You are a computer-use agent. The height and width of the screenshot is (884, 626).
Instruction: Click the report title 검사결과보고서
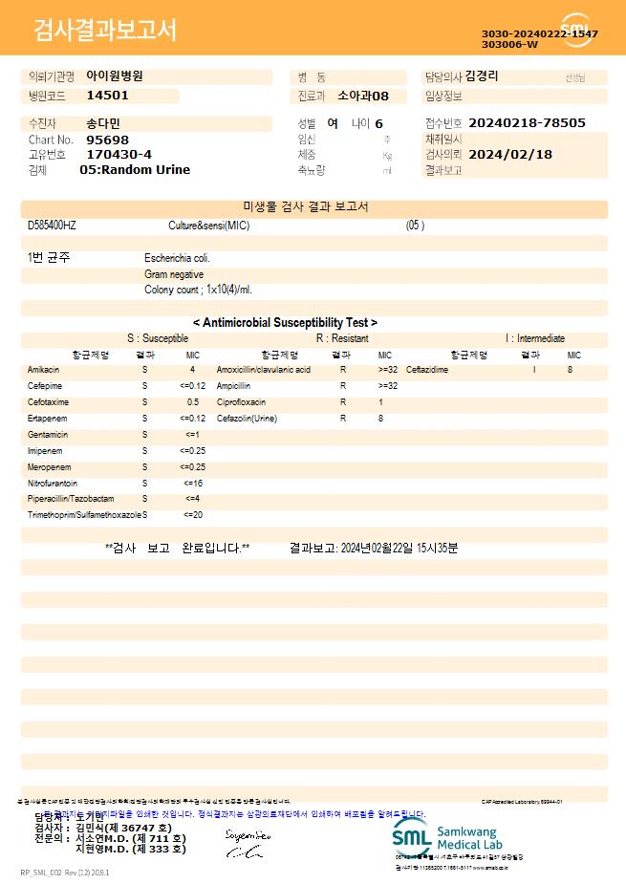pyautogui.click(x=105, y=31)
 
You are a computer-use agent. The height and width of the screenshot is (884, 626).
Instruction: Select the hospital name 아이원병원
pyautogui.click(x=115, y=75)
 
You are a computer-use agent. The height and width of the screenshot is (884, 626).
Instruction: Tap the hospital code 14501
pyautogui.click(x=107, y=96)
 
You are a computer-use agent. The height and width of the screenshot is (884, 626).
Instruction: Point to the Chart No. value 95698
pyautogui.click(x=107, y=140)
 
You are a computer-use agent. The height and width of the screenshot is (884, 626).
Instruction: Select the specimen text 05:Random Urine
pyautogui.click(x=135, y=170)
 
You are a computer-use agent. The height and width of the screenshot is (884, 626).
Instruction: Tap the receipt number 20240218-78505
pyautogui.click(x=528, y=123)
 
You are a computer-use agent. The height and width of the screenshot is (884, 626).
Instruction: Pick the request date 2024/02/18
pyautogui.click(x=511, y=155)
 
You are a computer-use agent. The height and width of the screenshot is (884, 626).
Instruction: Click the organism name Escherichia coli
pyautogui.click(x=177, y=258)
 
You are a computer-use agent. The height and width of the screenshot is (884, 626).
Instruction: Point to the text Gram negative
pyautogui.click(x=173, y=274)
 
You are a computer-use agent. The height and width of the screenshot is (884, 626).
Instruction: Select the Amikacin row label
pyautogui.click(x=44, y=369)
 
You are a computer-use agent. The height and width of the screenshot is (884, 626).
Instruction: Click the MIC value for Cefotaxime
pyautogui.click(x=193, y=402)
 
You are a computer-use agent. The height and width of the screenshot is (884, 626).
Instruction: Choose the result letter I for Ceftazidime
pyautogui.click(x=534, y=369)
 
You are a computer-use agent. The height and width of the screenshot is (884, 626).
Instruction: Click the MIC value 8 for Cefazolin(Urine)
pyautogui.click(x=380, y=419)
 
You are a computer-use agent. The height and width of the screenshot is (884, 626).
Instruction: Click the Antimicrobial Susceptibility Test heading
pyautogui.click(x=285, y=323)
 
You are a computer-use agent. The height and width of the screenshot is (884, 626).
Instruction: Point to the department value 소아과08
pyautogui.click(x=364, y=96)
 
